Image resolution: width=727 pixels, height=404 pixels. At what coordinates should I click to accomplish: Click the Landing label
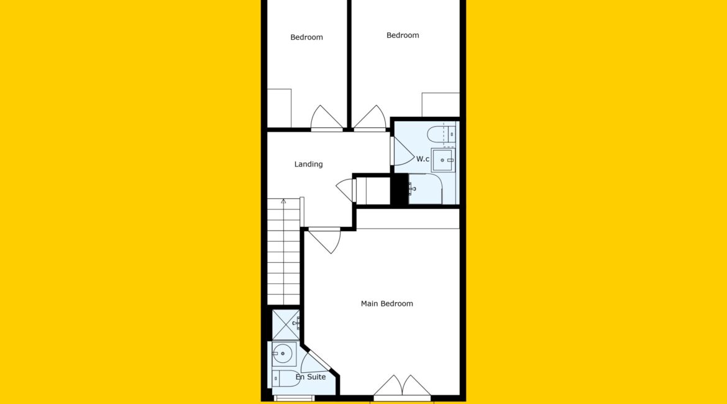[308, 164]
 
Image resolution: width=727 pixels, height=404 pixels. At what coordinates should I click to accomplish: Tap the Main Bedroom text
[386, 304]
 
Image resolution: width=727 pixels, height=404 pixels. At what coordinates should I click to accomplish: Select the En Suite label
[311, 377]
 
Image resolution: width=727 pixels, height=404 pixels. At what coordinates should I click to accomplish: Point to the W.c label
[423, 159]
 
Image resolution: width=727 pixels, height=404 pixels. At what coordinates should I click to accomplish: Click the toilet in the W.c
[441, 134]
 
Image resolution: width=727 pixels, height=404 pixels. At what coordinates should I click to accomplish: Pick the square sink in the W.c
[443, 160]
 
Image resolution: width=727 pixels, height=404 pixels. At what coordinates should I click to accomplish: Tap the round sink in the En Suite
[282, 354]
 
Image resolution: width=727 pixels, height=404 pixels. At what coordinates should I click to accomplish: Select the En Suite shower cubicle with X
[286, 324]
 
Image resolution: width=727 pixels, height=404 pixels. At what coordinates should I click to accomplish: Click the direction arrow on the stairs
[283, 201]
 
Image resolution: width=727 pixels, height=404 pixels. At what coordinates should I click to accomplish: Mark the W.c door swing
[403, 151]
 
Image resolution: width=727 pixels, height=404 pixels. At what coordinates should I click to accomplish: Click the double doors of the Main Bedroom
[402, 386]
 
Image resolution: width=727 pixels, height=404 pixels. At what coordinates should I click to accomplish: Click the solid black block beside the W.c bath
[399, 189]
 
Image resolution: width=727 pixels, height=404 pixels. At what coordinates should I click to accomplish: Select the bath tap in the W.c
[412, 189]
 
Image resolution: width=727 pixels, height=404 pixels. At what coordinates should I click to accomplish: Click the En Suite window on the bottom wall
[295, 398]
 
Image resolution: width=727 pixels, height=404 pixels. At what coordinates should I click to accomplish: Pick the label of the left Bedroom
[306, 37]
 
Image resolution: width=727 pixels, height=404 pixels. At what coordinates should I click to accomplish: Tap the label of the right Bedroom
[403, 35]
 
